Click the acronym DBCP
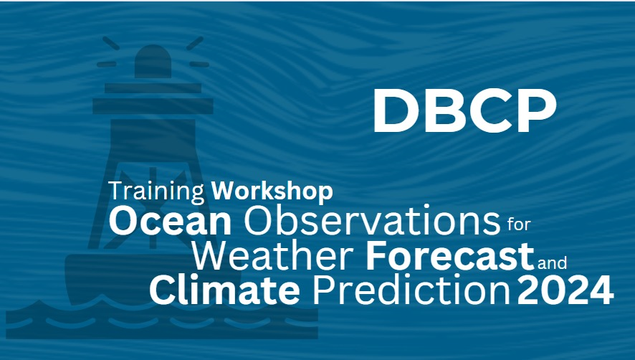coord(464,110)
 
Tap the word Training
coord(156,191)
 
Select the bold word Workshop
coord(272,191)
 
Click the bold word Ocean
coord(170,222)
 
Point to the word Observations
coord(372,221)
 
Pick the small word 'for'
coord(519,224)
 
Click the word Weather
coord(272,256)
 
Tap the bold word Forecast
coord(450,256)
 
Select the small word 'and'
coord(553,262)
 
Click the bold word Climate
coord(225,290)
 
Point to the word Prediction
coord(411,290)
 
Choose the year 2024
coord(565,290)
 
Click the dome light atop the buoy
coord(153,62)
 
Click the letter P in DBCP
coord(538,110)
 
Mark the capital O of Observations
coord(259,222)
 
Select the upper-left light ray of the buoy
coord(111,43)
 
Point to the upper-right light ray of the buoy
coord(195,43)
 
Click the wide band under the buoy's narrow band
coord(153,106)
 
